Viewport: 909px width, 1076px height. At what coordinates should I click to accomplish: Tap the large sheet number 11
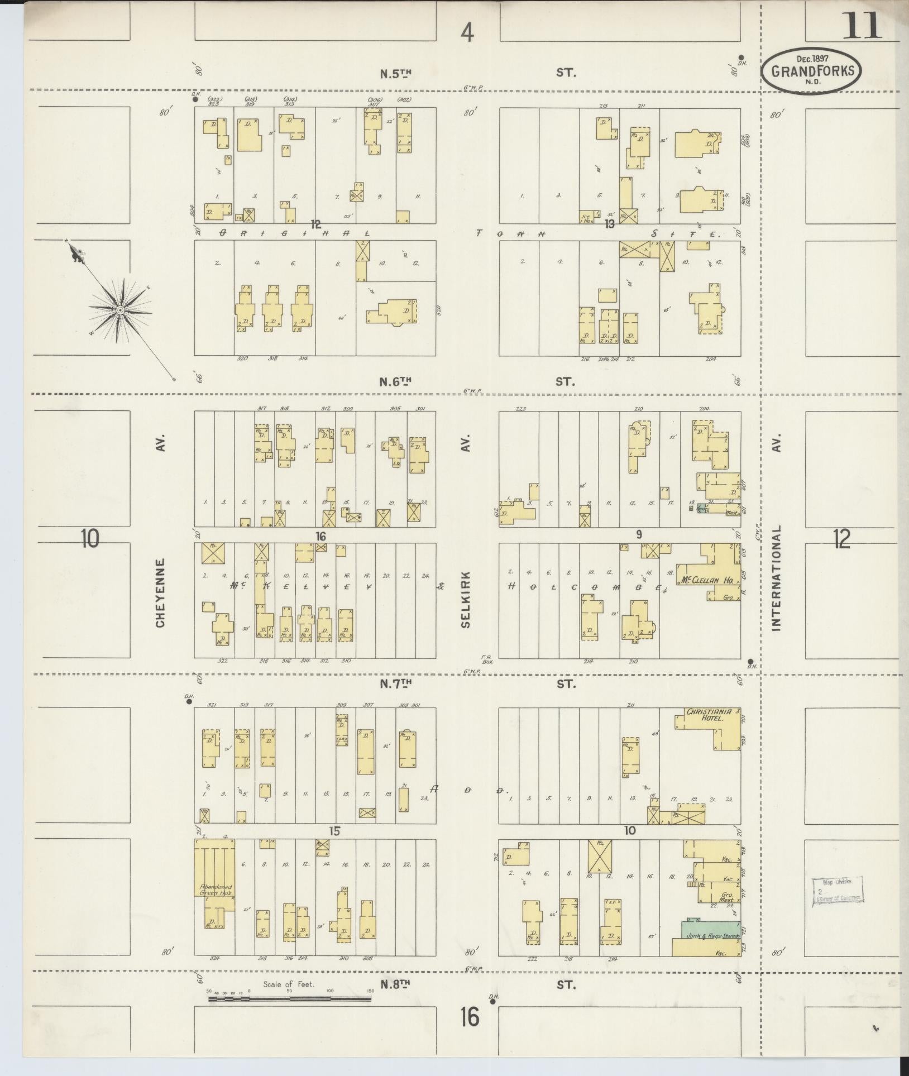[x=862, y=26]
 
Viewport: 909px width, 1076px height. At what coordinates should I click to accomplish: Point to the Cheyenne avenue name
[x=161, y=593]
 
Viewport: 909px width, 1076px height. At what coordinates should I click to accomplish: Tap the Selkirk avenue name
[x=466, y=599]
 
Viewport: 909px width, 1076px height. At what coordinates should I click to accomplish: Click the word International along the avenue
[x=776, y=577]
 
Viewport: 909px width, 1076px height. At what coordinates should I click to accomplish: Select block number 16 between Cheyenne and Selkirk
[x=320, y=536]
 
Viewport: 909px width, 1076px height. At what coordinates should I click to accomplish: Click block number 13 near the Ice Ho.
[x=609, y=224]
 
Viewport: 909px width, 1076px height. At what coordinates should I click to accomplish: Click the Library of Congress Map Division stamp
[x=837, y=890]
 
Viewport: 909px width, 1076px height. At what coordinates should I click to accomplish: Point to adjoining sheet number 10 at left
[x=89, y=538]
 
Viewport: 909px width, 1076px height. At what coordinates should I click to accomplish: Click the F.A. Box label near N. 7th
[x=485, y=659]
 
